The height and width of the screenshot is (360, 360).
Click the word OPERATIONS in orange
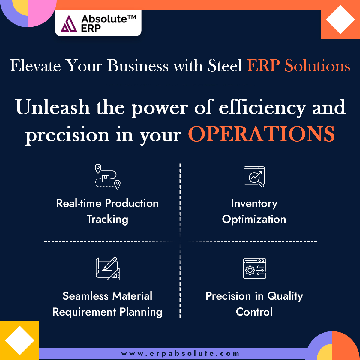(x=261, y=134)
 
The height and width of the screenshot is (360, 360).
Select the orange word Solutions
(x=317, y=65)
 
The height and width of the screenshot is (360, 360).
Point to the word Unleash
(x=53, y=107)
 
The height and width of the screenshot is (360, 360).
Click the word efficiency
(x=262, y=107)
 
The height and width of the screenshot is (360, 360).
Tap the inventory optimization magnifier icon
(x=254, y=177)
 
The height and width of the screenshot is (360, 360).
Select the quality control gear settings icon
(x=254, y=268)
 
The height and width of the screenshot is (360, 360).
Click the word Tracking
(x=107, y=219)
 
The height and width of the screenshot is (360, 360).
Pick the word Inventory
(x=254, y=203)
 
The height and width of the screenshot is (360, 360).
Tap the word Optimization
(x=254, y=219)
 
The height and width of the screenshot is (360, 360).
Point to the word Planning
(x=141, y=312)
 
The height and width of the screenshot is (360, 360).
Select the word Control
(x=254, y=312)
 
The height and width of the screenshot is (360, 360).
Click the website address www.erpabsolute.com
(x=180, y=354)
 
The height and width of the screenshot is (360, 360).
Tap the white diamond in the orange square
(x=340, y=19)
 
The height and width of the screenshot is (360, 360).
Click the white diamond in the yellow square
(x=20, y=340)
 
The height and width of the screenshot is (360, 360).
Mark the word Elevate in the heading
(x=35, y=65)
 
